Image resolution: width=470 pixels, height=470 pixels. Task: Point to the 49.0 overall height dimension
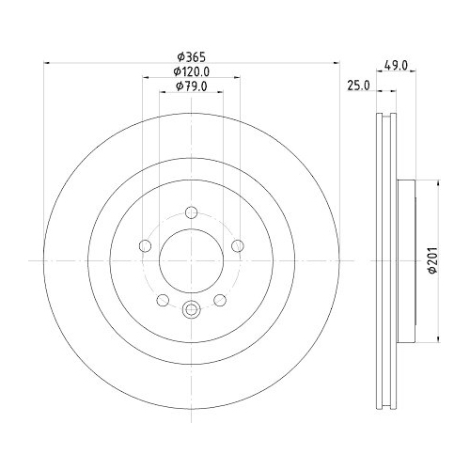tap(399, 66)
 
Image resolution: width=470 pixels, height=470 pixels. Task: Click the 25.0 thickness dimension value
tap(357, 86)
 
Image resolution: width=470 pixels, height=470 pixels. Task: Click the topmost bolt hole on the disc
tap(191, 211)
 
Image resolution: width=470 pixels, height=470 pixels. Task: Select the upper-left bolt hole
tap(146, 246)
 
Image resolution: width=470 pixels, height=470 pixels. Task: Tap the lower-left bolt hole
tap(162, 299)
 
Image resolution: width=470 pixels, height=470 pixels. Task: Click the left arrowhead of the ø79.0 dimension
tap(161, 95)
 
